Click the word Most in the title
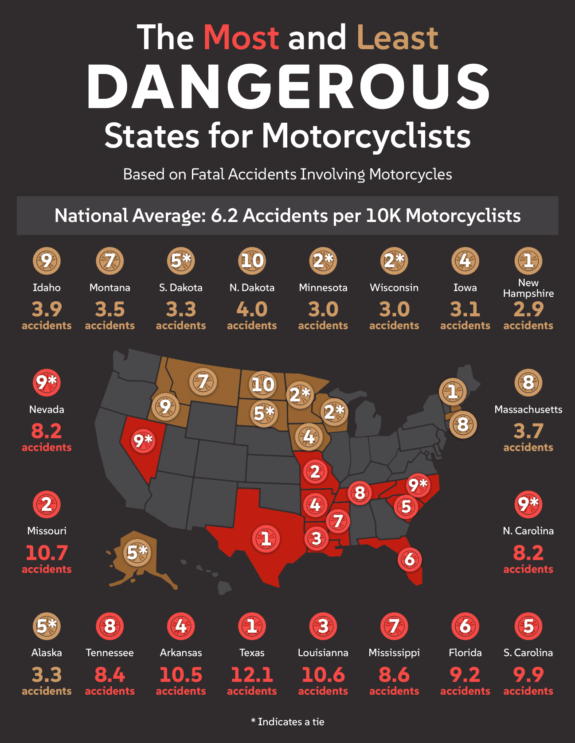pyautogui.click(x=241, y=37)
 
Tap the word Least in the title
pyautogui.click(x=397, y=37)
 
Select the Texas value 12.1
pyautogui.click(x=252, y=675)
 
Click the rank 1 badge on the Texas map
pyautogui.click(x=266, y=538)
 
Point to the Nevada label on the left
pyautogui.click(x=47, y=409)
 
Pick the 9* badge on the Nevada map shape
pyautogui.click(x=143, y=440)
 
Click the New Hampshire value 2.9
pyautogui.click(x=528, y=309)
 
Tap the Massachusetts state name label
pyautogui.click(x=528, y=409)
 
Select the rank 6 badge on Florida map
pyautogui.click(x=410, y=559)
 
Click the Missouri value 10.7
pyautogui.click(x=47, y=553)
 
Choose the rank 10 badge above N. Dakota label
pyautogui.click(x=252, y=261)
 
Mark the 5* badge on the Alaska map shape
pyautogui.click(x=137, y=552)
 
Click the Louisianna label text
pyautogui.click(x=323, y=653)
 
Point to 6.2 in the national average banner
pyautogui.click(x=224, y=216)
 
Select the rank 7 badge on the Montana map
pyautogui.click(x=203, y=381)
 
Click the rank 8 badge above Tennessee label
pyautogui.click(x=110, y=626)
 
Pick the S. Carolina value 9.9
pyautogui.click(x=528, y=675)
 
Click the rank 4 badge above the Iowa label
pyautogui.click(x=465, y=261)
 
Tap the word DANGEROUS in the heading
pyautogui.click(x=288, y=87)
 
